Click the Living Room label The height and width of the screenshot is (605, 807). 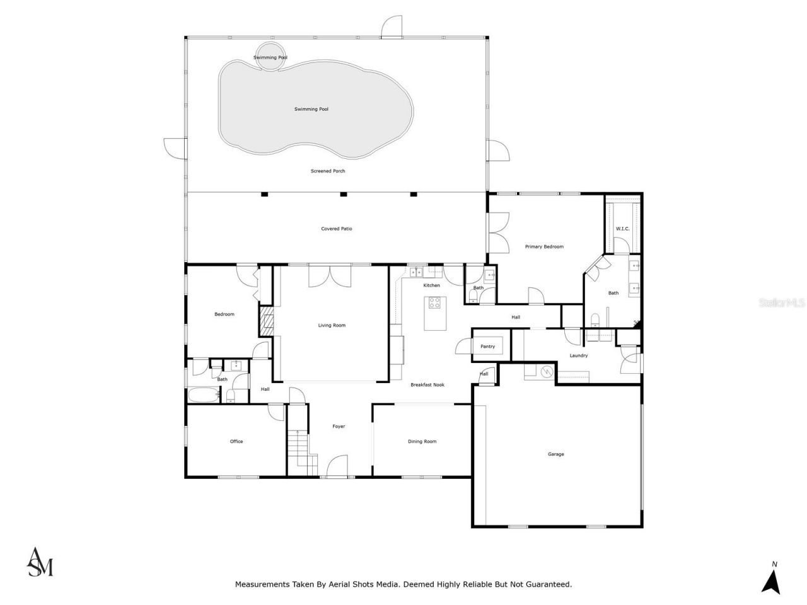[332, 325]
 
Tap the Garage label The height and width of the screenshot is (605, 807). [555, 454]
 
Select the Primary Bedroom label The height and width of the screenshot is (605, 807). [544, 246]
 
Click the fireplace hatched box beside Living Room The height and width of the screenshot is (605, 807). [266, 321]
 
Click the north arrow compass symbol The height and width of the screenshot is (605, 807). [770, 578]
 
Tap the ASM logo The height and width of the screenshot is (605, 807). [40, 562]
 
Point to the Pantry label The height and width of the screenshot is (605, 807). [487, 346]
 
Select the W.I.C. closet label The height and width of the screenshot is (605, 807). [622, 228]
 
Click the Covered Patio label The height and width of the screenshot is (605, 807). [337, 229]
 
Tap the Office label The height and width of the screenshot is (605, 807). [236, 441]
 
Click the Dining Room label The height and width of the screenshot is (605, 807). [422, 441]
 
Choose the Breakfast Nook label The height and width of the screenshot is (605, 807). [427, 384]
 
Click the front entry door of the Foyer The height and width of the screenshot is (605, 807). [337, 468]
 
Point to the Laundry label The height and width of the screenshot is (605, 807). [579, 355]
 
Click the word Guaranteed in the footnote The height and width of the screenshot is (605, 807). [549, 584]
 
